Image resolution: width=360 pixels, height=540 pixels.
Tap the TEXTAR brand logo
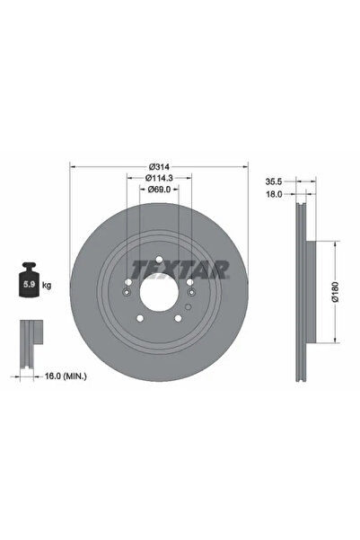[x=179, y=268]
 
